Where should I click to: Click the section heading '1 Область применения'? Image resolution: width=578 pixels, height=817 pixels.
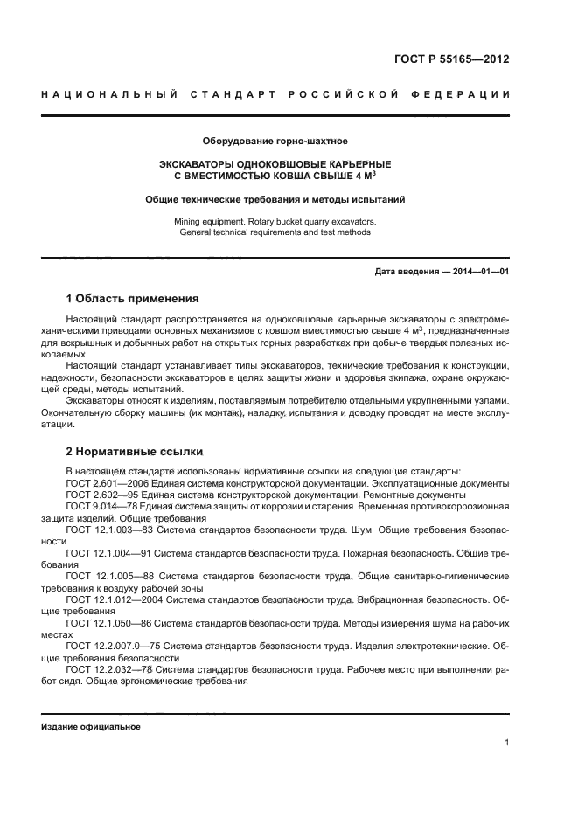click(x=132, y=299)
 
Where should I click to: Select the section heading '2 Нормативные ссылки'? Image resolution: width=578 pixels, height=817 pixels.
click(x=135, y=452)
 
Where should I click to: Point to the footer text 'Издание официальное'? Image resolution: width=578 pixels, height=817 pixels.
click(x=91, y=727)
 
